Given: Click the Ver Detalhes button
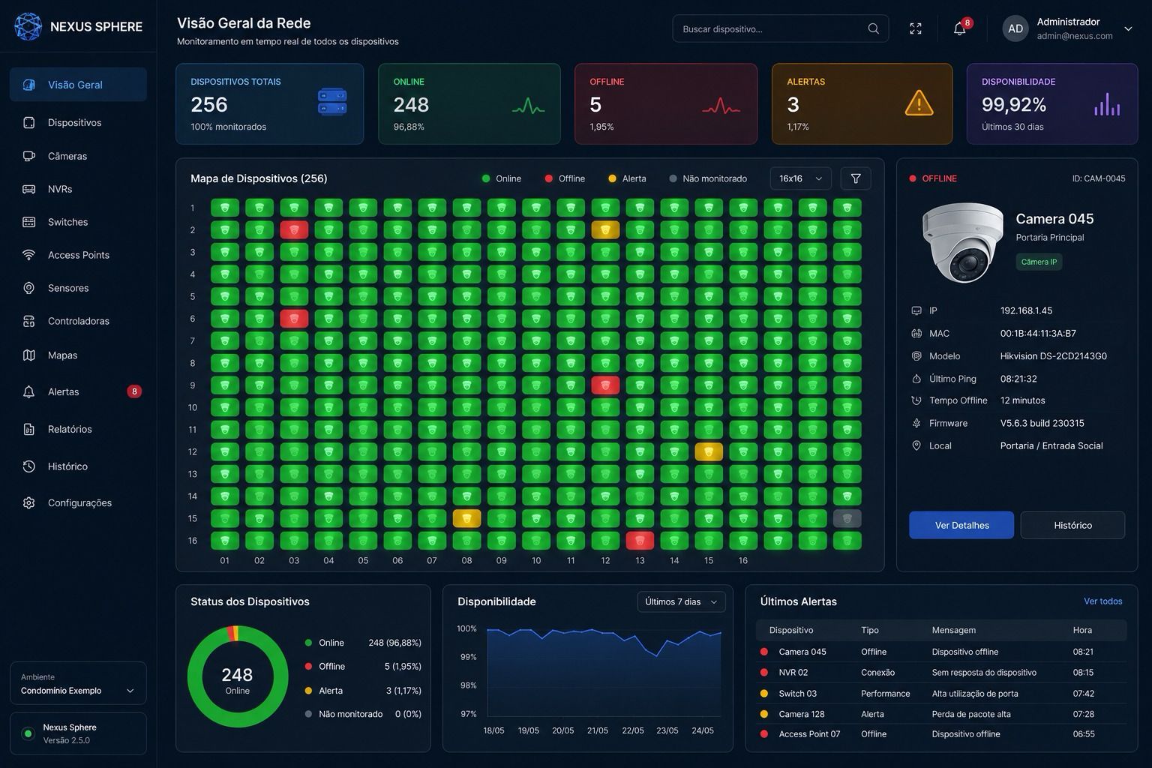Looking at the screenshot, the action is tap(961, 525).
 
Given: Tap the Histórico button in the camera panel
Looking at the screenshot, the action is tap(1072, 525).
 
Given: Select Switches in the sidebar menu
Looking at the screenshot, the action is tap(67, 222).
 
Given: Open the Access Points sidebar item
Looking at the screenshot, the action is tap(78, 255).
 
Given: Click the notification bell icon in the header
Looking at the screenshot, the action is tap(959, 28).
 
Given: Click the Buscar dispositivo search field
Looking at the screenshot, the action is tap(780, 28).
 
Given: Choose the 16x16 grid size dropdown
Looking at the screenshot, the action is tap(800, 178).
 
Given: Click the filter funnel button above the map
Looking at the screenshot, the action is tap(856, 178).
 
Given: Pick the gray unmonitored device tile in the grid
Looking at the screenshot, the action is tap(847, 518).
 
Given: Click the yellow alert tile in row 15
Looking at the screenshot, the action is tap(466, 518).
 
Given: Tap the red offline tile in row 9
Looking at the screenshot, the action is tap(605, 385).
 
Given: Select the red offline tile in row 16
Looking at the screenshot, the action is tap(640, 541).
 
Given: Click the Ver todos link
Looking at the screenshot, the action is tap(1102, 601).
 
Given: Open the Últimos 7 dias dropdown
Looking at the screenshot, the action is tap(681, 601).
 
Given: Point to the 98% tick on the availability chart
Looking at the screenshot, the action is tap(469, 685).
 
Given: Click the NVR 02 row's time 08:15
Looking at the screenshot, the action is tap(1083, 672).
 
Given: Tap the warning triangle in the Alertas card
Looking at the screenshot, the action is tap(919, 103).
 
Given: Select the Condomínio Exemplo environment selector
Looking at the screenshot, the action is tap(78, 683).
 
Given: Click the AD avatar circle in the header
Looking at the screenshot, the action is tap(1015, 28).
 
